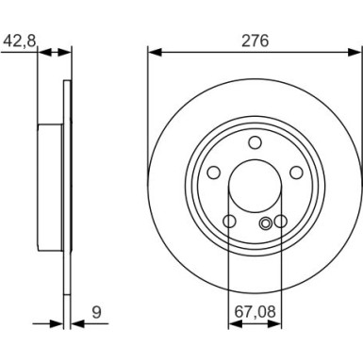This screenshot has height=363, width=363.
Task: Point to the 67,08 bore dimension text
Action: (255, 308)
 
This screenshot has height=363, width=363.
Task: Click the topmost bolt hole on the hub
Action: (255, 142)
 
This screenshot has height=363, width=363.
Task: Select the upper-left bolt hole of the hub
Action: (213, 173)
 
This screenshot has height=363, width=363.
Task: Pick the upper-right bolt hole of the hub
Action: (296, 173)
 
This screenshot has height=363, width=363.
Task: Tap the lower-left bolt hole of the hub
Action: (229, 223)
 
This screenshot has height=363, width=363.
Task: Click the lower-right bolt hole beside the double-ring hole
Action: (280, 223)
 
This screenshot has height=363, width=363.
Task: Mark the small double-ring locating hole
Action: (267, 223)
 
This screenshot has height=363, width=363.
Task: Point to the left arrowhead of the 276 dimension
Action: (154, 53)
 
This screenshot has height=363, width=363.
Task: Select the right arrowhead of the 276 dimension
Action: (355, 53)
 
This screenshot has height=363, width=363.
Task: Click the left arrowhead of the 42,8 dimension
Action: (41, 53)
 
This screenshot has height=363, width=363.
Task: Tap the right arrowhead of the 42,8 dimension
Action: (68, 53)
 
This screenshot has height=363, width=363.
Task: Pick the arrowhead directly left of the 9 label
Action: (76, 322)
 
